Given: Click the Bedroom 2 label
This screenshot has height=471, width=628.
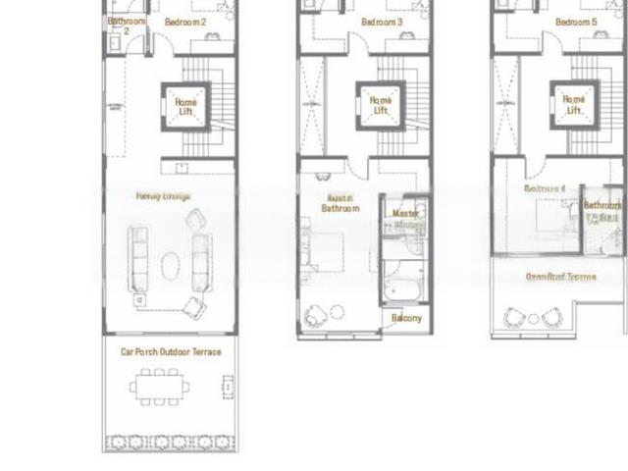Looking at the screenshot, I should [x=185, y=22].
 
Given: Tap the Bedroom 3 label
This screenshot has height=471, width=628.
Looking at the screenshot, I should [x=381, y=22].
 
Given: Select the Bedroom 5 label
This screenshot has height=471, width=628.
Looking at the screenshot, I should [x=576, y=22].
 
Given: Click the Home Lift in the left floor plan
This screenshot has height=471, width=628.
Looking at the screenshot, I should [x=185, y=104].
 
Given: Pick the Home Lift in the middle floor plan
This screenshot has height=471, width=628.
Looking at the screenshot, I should [x=380, y=105].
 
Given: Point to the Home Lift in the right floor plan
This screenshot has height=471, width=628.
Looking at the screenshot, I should [x=574, y=105].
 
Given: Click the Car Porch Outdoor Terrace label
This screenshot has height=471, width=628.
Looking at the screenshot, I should [x=171, y=351].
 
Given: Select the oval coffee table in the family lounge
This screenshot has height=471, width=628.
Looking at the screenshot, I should [x=171, y=265].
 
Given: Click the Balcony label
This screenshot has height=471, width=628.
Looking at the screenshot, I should [x=406, y=319].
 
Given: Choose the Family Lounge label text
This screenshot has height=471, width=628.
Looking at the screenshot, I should [x=164, y=196].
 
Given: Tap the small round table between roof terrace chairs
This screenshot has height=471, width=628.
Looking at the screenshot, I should [x=533, y=319].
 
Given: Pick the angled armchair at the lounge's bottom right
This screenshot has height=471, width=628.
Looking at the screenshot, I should [x=194, y=307].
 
